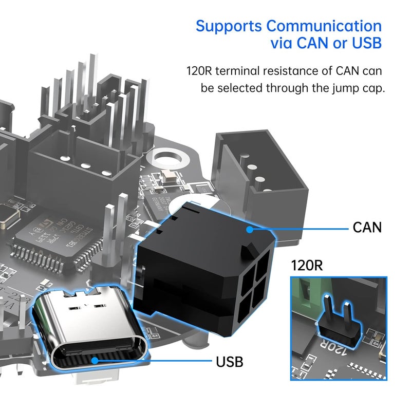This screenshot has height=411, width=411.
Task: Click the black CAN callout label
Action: coord(367,227)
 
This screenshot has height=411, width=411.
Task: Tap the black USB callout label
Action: coord(229,361)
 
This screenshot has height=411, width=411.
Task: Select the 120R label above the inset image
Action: coord(307,266)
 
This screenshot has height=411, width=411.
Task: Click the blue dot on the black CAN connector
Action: coord(250,230)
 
